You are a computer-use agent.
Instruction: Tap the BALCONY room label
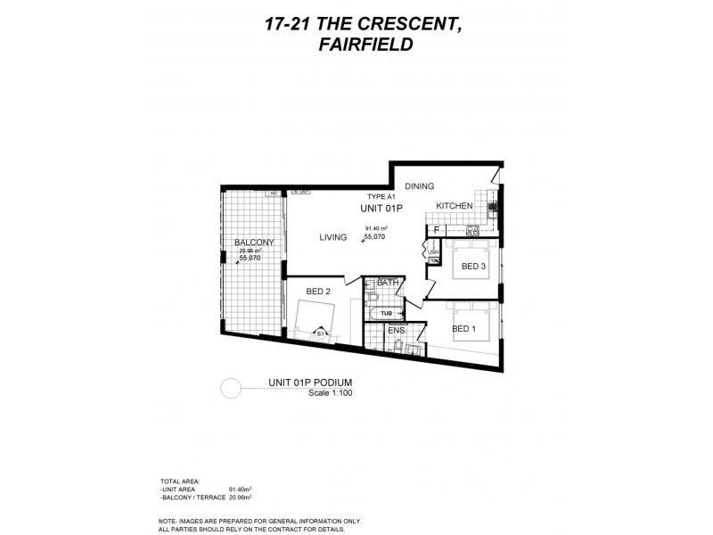pos(254,243)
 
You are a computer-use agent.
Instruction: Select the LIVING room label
pos(333,237)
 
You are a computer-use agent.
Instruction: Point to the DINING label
pos(419,186)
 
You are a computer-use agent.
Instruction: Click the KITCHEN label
pos(454,206)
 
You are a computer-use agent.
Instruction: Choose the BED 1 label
pos(464,329)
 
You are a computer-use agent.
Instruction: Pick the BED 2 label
pos(318,292)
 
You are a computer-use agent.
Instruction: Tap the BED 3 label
pos(473,266)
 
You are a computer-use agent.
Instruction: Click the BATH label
pos(388,283)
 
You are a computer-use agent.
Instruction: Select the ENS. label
pos(397,332)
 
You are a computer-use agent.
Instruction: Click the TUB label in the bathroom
pos(386,313)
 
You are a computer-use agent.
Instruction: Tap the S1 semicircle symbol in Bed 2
pos(320,333)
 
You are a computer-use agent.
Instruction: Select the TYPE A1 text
pos(381,195)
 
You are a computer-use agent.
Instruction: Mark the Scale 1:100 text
pos(330,392)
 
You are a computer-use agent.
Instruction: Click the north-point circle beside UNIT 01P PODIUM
pos(231,389)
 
